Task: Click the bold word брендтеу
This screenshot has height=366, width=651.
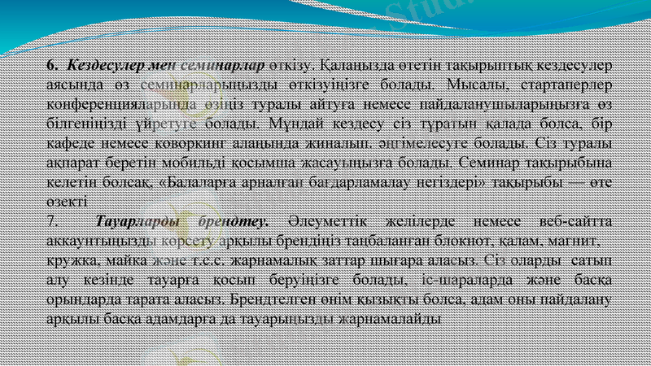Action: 230,222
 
